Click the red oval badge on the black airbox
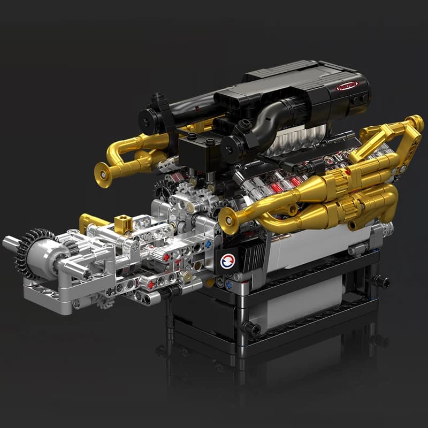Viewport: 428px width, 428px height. [x=347, y=86]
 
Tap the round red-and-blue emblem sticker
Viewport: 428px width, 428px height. [x=227, y=261]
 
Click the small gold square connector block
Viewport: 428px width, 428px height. [x=124, y=223]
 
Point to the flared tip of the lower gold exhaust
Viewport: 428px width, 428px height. [x=228, y=219]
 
